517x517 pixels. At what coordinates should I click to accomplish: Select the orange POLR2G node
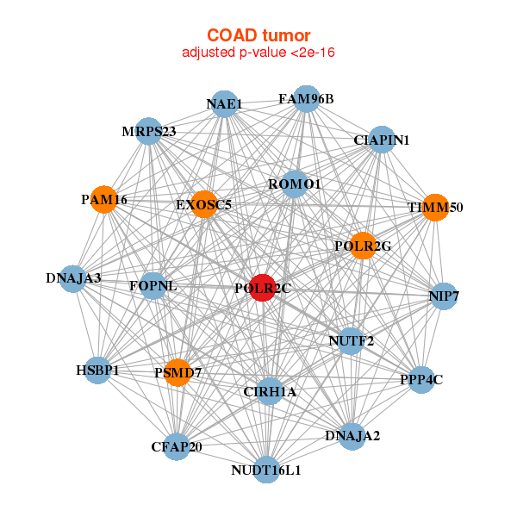click(x=364, y=246)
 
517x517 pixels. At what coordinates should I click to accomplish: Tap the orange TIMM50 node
click(x=435, y=208)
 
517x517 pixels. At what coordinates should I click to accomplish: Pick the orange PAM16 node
click(x=104, y=200)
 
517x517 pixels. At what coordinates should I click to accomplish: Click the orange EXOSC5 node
click(x=204, y=205)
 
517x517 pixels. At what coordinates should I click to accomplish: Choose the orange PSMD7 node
click(x=178, y=372)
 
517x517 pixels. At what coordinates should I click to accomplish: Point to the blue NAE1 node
click(x=224, y=105)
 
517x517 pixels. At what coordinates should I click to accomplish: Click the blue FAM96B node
click(x=306, y=98)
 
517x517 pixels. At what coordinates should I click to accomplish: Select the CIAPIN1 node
click(x=381, y=140)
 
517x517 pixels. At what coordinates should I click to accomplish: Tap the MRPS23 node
click(x=149, y=132)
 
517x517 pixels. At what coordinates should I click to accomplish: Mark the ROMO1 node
click(x=295, y=184)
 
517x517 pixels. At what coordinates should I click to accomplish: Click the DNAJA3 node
click(x=74, y=278)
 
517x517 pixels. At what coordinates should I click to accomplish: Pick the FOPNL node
click(x=153, y=286)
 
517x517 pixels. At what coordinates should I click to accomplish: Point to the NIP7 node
click(x=443, y=297)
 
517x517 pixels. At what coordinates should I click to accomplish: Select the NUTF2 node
click(x=351, y=340)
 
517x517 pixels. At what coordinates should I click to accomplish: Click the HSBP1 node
click(x=97, y=370)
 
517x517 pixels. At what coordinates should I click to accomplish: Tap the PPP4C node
click(x=420, y=379)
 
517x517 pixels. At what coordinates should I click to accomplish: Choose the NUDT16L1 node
click(x=266, y=470)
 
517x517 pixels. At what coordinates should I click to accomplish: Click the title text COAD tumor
click(x=258, y=35)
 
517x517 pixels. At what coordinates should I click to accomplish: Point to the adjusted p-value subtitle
click(x=258, y=53)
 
